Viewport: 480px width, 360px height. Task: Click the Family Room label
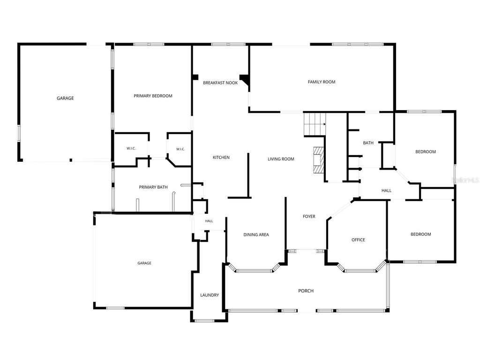click(x=322, y=82)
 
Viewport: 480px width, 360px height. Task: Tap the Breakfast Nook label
click(x=220, y=82)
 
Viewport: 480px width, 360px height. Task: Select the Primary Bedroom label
click(x=153, y=96)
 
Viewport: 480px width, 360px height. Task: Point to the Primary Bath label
click(x=153, y=187)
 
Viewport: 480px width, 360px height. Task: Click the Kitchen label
click(x=221, y=157)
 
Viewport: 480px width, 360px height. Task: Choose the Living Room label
click(x=281, y=159)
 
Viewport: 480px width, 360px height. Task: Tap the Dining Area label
click(x=256, y=234)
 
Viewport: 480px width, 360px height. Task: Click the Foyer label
click(x=309, y=217)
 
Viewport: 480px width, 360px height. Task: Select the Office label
click(x=358, y=240)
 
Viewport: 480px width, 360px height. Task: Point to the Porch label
click(x=306, y=291)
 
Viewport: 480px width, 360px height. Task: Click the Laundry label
click(x=210, y=295)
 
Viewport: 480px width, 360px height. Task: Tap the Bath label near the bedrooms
click(x=368, y=142)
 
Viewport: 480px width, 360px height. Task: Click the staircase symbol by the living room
click(x=315, y=124)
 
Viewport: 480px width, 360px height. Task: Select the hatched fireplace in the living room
click(x=319, y=160)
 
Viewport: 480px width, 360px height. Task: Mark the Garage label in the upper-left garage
click(x=65, y=98)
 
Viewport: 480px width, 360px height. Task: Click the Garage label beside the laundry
click(x=144, y=263)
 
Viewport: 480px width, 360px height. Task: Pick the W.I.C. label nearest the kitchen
click(x=180, y=149)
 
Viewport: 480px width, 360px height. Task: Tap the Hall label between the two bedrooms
click(x=386, y=190)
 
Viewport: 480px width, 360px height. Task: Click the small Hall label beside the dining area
click(x=209, y=221)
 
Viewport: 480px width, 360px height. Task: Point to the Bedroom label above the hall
click(x=426, y=151)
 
